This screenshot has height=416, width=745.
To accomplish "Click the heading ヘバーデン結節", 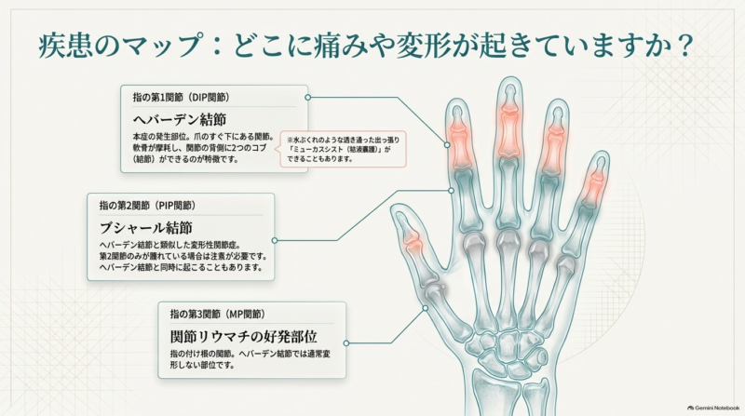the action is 180,119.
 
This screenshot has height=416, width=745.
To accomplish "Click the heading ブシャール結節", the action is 146,227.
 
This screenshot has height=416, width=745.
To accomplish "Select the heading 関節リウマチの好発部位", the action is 244,336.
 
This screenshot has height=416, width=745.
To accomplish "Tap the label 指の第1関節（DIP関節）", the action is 182,98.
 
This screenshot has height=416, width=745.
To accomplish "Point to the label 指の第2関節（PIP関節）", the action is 148,206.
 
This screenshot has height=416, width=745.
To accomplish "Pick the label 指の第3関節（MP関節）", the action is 218,314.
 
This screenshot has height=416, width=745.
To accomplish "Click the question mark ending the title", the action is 684,45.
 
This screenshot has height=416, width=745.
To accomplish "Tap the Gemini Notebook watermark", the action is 713,408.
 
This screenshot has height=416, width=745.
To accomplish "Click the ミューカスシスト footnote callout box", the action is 343,149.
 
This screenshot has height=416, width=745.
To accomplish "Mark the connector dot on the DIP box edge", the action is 308,98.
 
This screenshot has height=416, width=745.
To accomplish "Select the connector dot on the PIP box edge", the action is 275,240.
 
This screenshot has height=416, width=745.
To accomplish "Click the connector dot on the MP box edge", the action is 345,342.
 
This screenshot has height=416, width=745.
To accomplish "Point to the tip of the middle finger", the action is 510,79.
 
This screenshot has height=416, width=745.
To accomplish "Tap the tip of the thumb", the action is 398,208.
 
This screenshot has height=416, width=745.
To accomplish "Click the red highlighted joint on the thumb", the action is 413,241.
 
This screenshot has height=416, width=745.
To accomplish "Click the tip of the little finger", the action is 602,154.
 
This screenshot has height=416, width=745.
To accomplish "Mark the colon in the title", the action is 217,46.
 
